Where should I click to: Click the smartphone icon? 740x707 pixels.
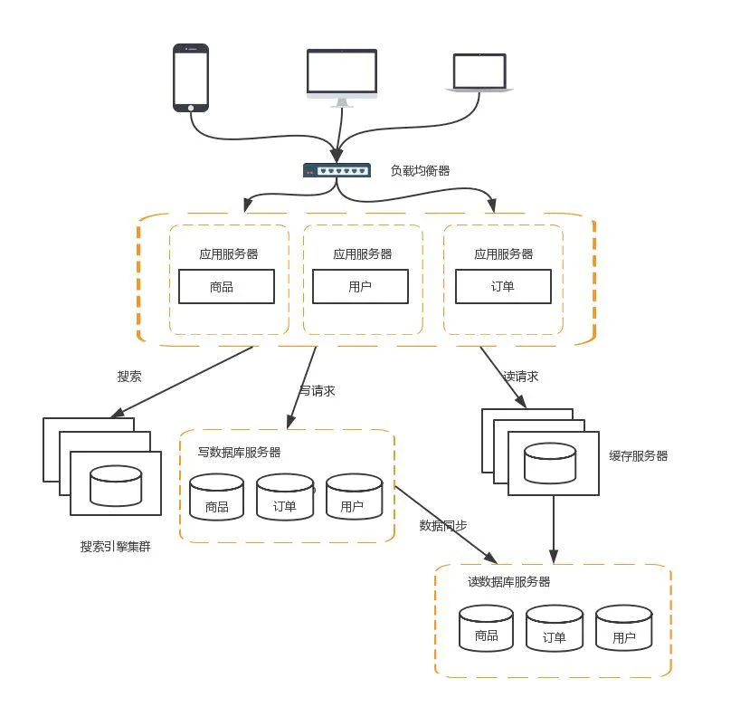[191, 78]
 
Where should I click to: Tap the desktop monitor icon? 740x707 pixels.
[342, 78]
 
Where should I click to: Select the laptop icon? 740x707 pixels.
[479, 72]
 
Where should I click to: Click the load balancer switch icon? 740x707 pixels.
[337, 170]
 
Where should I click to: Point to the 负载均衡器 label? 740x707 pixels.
[420, 170]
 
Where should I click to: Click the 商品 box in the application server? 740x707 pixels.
[226, 286]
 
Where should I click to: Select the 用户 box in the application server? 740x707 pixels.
[361, 286]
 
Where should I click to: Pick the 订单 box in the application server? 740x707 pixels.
[503, 286]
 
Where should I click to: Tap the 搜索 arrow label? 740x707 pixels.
[129, 377]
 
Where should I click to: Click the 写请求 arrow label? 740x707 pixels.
[318, 390]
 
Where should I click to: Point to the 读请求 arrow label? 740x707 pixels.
[520, 377]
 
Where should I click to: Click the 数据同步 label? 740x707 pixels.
[443, 525]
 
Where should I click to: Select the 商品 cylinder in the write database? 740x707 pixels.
[216, 497]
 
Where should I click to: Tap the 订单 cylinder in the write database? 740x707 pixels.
[285, 497]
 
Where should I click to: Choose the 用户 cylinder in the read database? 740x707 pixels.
[624, 628]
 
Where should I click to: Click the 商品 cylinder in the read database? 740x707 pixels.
[486, 628]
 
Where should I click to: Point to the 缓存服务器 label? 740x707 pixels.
[639, 455]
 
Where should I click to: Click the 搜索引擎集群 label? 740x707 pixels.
[116, 547]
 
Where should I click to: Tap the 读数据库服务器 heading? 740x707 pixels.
[509, 582]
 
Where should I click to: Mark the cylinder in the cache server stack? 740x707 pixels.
[550, 463]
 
